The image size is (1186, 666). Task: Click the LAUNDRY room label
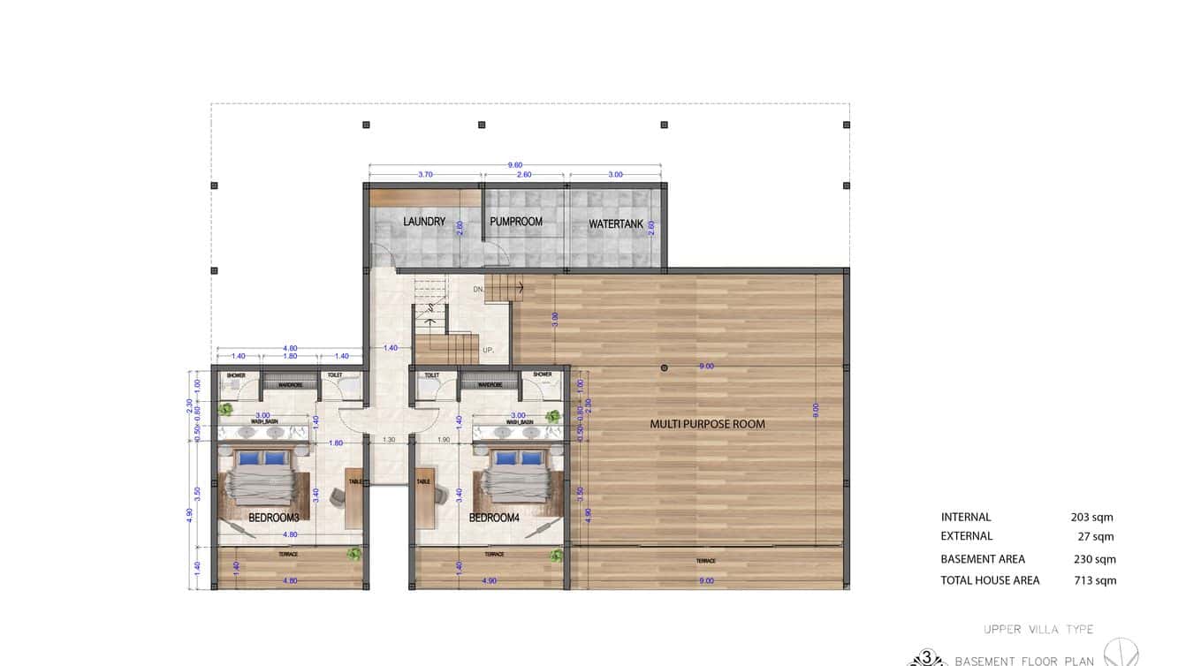(424, 221)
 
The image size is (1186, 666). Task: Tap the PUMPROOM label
(516, 221)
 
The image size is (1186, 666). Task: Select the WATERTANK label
(616, 224)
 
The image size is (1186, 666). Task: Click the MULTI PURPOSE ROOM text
(707, 424)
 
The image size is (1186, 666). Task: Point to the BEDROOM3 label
(273, 518)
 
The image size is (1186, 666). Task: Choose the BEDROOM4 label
(494, 518)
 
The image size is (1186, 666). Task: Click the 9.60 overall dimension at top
(515, 164)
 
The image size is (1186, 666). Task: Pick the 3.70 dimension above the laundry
(425, 175)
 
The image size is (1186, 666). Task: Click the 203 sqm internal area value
(1091, 518)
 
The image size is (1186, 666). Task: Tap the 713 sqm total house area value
(1093, 581)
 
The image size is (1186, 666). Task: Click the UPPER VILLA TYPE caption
(1038, 630)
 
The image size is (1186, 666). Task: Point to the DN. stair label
(479, 289)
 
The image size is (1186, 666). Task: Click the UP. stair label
(488, 350)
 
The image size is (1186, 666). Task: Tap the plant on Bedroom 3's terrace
(354, 554)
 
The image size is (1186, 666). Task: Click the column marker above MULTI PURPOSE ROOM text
(665, 367)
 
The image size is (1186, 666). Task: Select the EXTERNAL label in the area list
(966, 536)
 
